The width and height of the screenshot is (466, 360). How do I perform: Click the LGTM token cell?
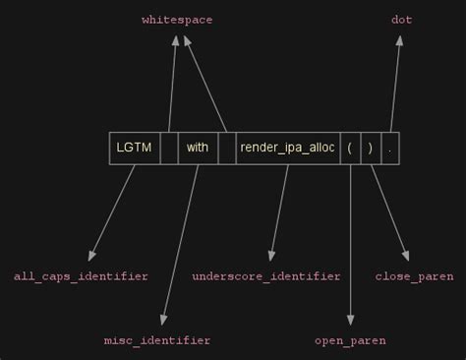(x=134, y=148)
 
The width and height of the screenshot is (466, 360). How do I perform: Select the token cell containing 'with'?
(x=198, y=148)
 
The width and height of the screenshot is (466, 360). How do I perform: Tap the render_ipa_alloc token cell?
(x=288, y=148)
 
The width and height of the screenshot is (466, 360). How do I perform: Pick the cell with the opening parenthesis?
(x=350, y=148)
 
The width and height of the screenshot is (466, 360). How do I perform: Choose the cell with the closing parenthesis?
(x=370, y=148)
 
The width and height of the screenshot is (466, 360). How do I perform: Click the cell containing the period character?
(x=389, y=148)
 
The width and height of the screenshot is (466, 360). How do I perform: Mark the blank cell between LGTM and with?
(x=169, y=148)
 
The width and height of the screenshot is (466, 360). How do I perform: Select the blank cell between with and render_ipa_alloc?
(x=226, y=148)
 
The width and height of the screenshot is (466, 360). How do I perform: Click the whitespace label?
(x=177, y=20)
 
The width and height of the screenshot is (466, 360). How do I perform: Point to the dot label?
(x=401, y=20)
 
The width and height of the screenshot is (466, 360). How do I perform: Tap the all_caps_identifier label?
(x=81, y=276)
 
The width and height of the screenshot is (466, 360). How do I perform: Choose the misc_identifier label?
(x=157, y=340)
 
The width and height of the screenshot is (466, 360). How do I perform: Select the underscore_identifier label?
(x=266, y=276)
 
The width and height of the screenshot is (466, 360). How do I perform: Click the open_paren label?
(x=350, y=340)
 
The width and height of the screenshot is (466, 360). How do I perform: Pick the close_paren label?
(x=414, y=276)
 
